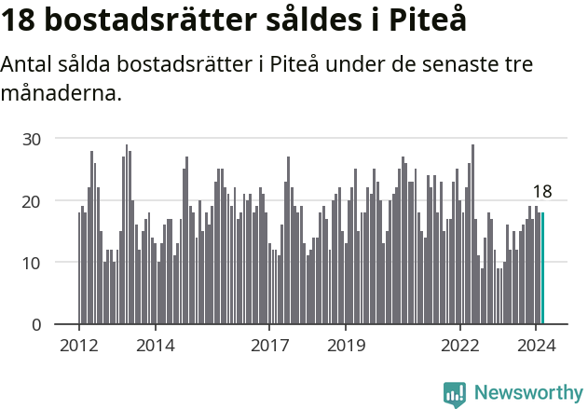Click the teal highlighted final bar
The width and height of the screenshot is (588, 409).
[x=542, y=268]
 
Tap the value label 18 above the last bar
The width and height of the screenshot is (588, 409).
[x=542, y=192]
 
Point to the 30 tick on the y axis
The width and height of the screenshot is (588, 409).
[x=33, y=139]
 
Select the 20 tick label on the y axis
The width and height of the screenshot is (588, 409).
[x=33, y=200]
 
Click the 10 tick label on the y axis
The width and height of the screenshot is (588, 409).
[x=33, y=263]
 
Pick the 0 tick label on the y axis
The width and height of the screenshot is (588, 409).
[x=37, y=325]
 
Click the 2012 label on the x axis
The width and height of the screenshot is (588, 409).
[x=78, y=345]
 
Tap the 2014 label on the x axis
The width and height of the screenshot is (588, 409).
[x=155, y=345]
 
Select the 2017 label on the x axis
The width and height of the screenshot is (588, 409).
[x=269, y=345]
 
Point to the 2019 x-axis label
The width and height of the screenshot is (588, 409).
[x=346, y=345]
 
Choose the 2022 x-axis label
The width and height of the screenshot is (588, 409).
[x=460, y=345]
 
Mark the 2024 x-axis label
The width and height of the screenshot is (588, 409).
[x=537, y=345]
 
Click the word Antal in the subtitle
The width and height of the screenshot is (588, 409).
[x=26, y=65]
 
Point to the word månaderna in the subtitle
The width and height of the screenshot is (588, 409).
[x=62, y=93]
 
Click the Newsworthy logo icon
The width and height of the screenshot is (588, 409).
[x=455, y=393]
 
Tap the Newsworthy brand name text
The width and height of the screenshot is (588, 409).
[x=527, y=393]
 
